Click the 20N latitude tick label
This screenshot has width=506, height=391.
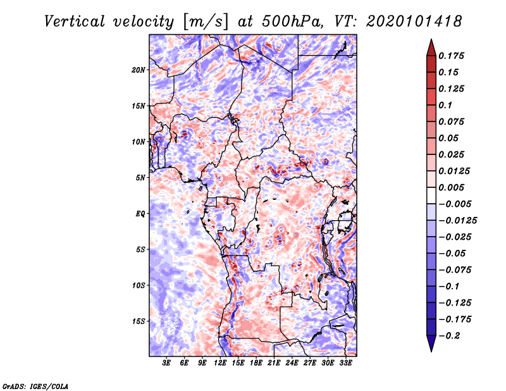click(x=139, y=70)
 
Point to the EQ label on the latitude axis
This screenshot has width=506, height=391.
click(x=140, y=214)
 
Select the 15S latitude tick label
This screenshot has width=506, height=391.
click(x=139, y=321)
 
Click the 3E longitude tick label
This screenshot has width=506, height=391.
click(x=167, y=364)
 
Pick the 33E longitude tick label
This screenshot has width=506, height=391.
click(x=345, y=364)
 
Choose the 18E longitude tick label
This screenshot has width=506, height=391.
click(x=256, y=364)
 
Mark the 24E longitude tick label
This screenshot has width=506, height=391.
click(x=292, y=364)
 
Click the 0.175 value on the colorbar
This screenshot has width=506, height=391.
click(x=452, y=56)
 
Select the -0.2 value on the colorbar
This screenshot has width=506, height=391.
click(x=452, y=335)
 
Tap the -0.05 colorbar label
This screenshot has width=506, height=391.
click(x=455, y=253)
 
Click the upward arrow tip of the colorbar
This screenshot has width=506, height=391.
click(x=431, y=40)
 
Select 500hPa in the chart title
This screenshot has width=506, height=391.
click(x=292, y=22)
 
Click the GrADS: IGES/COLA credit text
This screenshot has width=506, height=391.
click(x=35, y=385)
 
